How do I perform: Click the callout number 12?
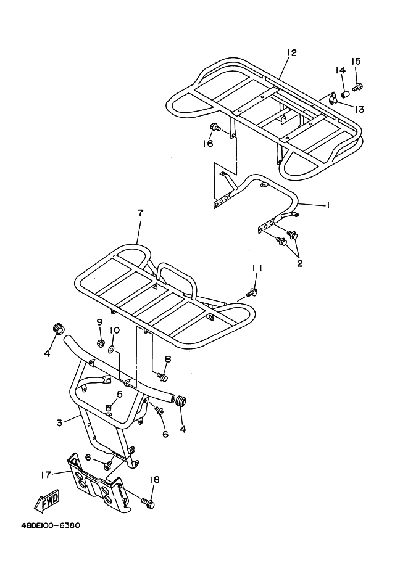point(291,52)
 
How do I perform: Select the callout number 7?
point(140,213)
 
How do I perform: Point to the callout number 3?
point(59,422)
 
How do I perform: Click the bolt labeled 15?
point(357,86)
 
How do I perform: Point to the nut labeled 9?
point(99,342)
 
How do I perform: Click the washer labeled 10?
point(111,349)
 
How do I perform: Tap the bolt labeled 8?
point(162,375)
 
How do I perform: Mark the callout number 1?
point(328,205)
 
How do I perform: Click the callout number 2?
point(299,263)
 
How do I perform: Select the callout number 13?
point(359,109)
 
